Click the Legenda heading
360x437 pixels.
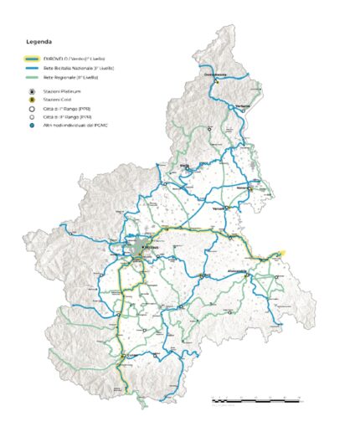39,40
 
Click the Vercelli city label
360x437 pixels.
219,207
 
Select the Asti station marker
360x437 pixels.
202,275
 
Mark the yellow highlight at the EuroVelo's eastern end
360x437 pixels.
282,253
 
